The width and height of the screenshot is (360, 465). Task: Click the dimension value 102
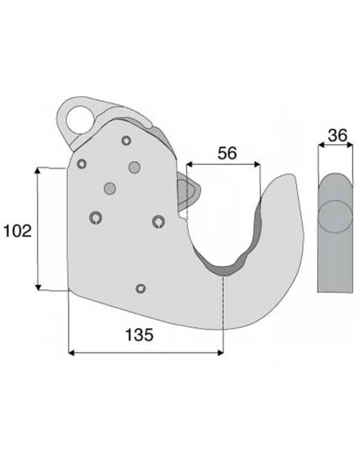(x=17, y=231)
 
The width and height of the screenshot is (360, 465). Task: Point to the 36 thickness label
(x=338, y=135)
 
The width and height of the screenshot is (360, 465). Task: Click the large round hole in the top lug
(x=80, y=119)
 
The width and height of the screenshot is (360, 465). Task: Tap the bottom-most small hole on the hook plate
(x=141, y=287)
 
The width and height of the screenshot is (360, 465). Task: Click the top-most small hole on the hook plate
(x=126, y=141)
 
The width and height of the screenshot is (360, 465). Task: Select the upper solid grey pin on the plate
(x=134, y=166)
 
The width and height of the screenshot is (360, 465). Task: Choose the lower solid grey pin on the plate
(x=110, y=188)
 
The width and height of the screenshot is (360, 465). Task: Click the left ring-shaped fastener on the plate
(x=97, y=217)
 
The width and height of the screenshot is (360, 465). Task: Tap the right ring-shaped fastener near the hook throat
(x=159, y=221)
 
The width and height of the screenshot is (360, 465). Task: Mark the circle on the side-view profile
(x=335, y=215)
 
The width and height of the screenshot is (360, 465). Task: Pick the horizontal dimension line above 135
(x=147, y=351)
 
